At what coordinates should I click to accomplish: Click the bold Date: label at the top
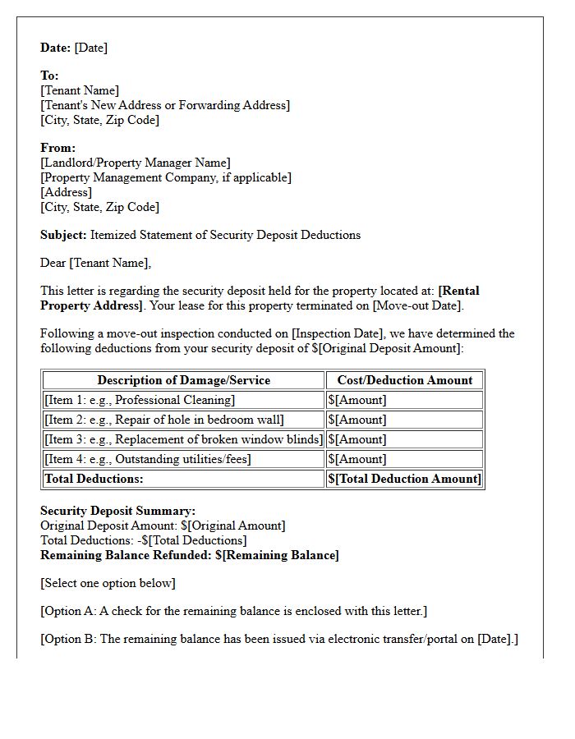pyautogui.click(x=56, y=48)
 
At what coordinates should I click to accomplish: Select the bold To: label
pyautogui.click(x=49, y=76)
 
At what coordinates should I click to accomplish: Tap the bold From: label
pyautogui.click(x=57, y=148)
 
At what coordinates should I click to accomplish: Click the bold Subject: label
pyautogui.click(x=63, y=235)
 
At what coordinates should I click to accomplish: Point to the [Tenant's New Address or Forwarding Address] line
pyautogui.click(x=165, y=105)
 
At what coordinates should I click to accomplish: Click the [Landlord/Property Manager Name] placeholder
pyautogui.click(x=136, y=163)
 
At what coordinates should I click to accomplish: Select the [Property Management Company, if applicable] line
pyautogui.click(x=166, y=177)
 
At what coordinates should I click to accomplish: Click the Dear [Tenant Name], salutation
pyautogui.click(x=96, y=263)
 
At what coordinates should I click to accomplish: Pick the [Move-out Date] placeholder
pyautogui.click(x=417, y=305)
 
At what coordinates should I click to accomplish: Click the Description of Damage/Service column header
pyautogui.click(x=183, y=380)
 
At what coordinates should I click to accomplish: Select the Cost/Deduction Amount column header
pyautogui.click(x=404, y=380)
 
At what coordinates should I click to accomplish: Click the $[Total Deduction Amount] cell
pyautogui.click(x=404, y=479)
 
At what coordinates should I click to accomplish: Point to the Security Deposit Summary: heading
pyautogui.click(x=117, y=511)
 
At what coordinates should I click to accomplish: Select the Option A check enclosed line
pyautogui.click(x=233, y=611)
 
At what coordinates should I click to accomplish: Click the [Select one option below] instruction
pyautogui.click(x=108, y=583)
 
